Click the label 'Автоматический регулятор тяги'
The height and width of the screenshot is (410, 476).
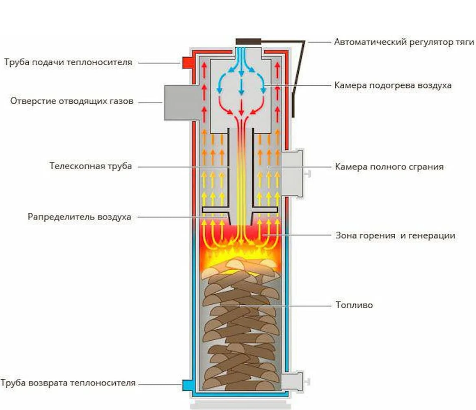coord(404,42)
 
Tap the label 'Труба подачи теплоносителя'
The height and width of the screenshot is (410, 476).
coord(69,62)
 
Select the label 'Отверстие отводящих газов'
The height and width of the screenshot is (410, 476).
coord(72,101)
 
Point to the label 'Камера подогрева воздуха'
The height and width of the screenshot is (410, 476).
coord(393,85)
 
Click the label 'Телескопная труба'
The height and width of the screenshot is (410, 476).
coord(91,166)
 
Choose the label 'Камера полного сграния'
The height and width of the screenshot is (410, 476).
coord(389,167)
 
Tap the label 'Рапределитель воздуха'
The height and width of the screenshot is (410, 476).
coord(80,217)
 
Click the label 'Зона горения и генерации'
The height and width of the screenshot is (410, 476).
coord(395,236)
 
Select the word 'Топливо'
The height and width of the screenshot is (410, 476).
coord(354,305)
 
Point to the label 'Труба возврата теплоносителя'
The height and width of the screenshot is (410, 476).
coord(68,383)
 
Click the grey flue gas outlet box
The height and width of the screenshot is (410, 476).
coord(177,102)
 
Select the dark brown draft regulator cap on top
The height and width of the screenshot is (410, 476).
coord(248,41)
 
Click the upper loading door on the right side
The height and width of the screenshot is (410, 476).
coord(294,173)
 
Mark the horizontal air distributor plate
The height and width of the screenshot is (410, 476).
coord(240,210)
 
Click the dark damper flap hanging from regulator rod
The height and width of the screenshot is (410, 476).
coord(294,104)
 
